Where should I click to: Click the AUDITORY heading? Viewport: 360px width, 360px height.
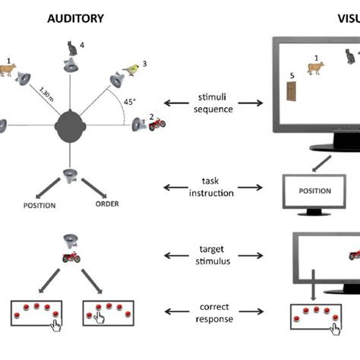pyautogui.click(x=76, y=17)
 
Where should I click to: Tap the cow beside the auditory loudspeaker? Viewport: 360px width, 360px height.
pyautogui.click(x=8, y=71)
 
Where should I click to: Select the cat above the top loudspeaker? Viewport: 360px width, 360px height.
pyautogui.click(x=72, y=49)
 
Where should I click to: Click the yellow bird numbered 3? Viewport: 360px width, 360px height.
pyautogui.click(x=133, y=70)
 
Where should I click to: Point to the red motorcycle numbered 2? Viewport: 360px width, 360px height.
pyautogui.click(x=157, y=124)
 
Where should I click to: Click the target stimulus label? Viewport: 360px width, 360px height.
pyautogui.click(x=215, y=253)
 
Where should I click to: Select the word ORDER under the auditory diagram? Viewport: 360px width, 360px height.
pyautogui.click(x=106, y=203)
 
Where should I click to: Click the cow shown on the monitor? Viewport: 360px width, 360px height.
pyautogui.click(x=315, y=69)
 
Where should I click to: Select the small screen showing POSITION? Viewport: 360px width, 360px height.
pyautogui.click(x=314, y=191)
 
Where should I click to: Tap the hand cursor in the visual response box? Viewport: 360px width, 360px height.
pyautogui.click(x=332, y=327)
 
